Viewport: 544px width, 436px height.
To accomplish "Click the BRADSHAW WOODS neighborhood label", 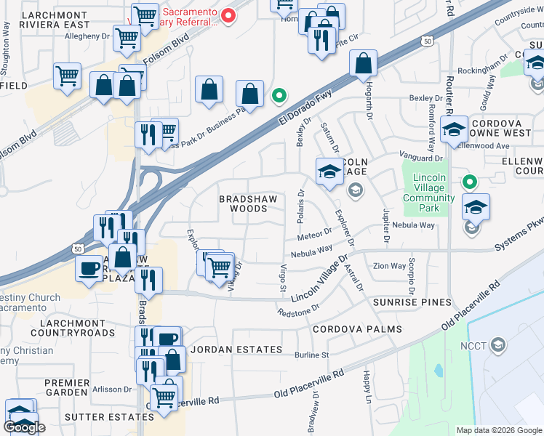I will pos(244,203).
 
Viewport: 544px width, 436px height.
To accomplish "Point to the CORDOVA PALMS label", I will pos(357,329).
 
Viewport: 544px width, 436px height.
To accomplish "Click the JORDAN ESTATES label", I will pos(228,350).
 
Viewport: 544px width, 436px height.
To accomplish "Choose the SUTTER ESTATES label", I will pos(109,417).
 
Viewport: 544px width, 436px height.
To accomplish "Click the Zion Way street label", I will pos(389,266).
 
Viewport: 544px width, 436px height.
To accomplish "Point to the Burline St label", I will pos(312,355).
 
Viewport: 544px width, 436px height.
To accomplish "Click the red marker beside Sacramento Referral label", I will pos(228,15).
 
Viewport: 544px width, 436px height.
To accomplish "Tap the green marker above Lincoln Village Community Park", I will pos(470,182).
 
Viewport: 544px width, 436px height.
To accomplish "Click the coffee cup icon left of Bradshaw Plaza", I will pos(90,268).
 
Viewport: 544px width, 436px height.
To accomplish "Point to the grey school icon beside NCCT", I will pos(498,344).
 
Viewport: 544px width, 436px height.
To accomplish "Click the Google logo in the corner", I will pos(24,427).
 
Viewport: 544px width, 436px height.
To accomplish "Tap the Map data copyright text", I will pos(498,430).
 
